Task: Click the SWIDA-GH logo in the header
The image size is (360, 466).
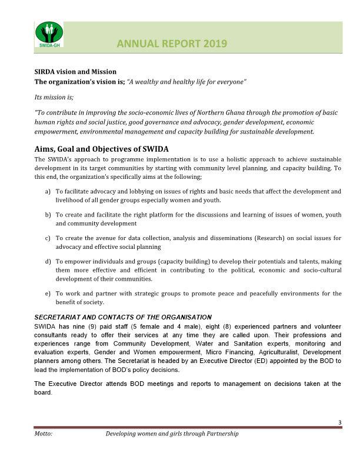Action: coord(48,34)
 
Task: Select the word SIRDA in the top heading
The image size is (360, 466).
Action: coord(45,71)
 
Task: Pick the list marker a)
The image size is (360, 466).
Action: coord(48,191)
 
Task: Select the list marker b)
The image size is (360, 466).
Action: coord(48,215)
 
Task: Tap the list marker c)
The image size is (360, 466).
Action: coord(48,238)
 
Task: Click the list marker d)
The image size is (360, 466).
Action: coord(48,261)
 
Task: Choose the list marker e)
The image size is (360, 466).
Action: coord(48,293)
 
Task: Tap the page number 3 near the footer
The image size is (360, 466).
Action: coord(339,422)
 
